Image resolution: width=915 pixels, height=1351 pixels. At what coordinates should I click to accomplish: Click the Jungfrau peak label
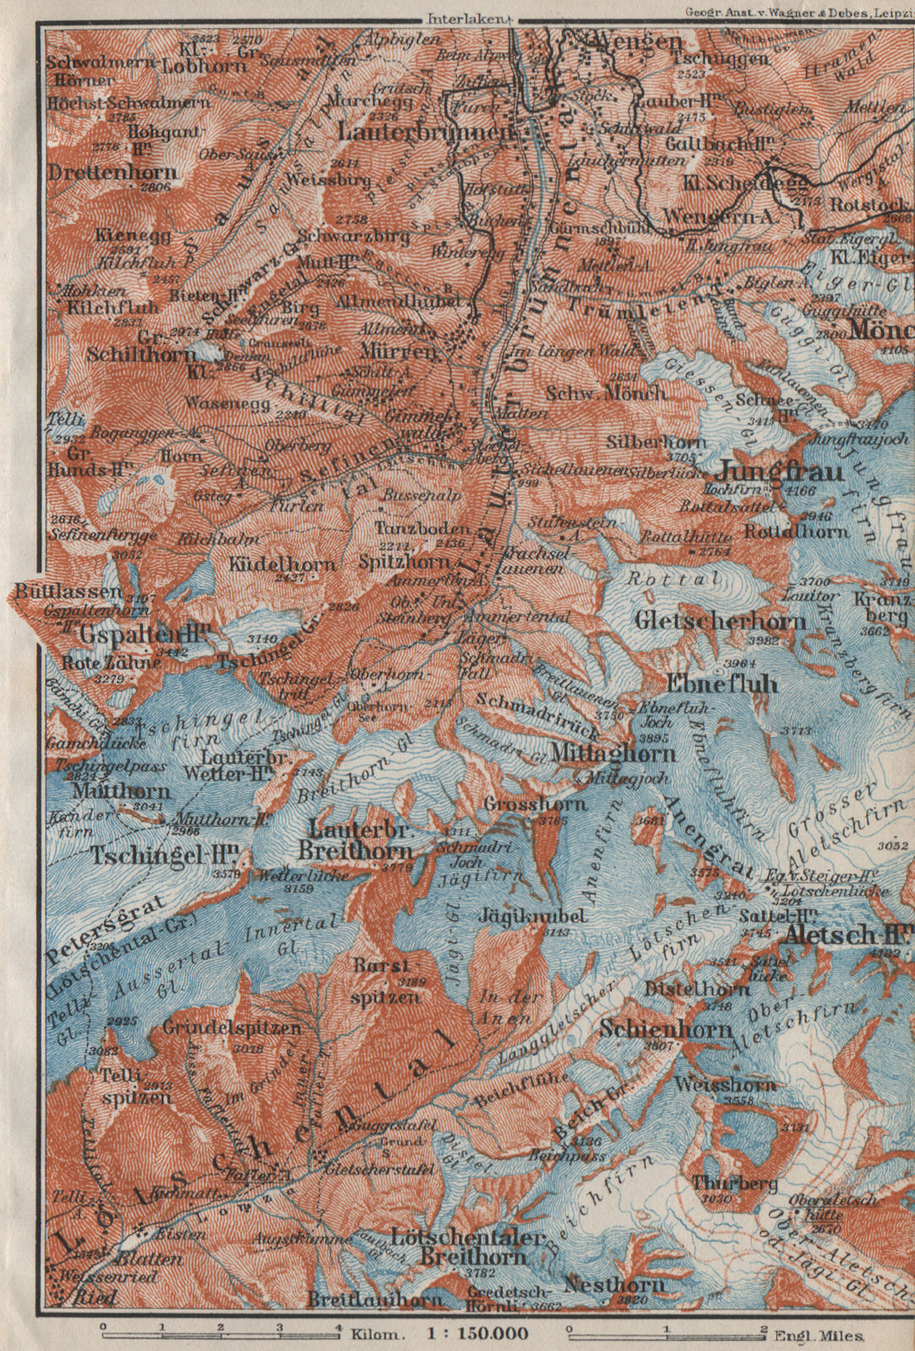(x=781, y=470)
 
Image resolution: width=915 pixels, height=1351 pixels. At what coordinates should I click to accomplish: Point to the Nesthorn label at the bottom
(x=613, y=1285)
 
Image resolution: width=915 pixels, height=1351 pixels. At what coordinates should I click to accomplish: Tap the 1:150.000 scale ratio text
(x=479, y=1335)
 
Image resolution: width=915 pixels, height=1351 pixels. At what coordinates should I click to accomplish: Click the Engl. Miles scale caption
(x=819, y=1335)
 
